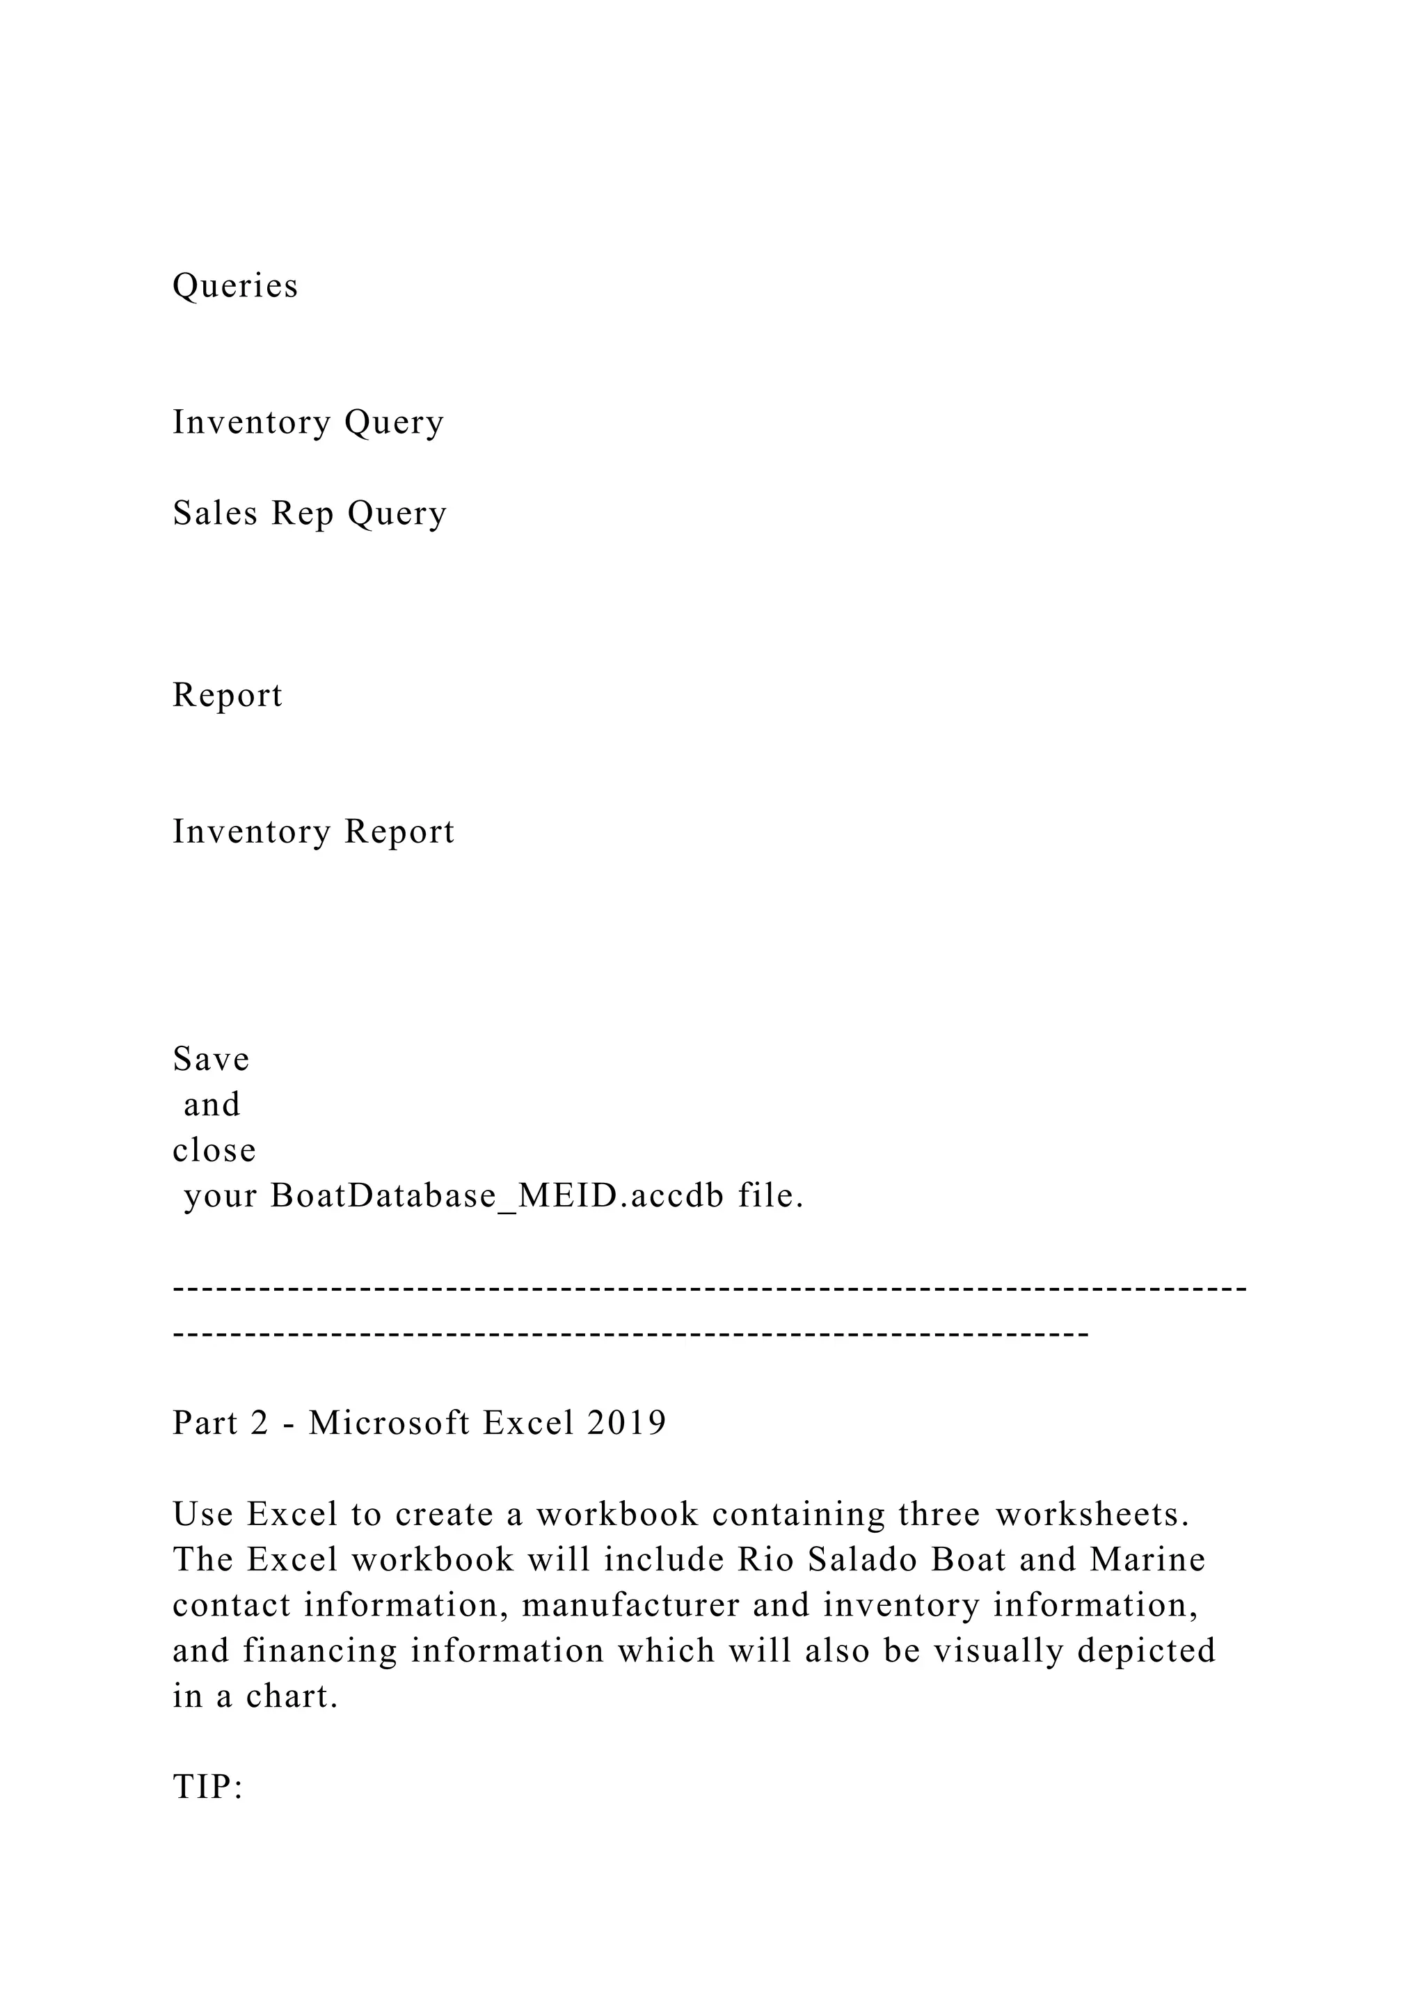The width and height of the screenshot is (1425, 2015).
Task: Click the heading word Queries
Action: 235,286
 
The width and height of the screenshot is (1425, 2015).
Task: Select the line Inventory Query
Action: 308,422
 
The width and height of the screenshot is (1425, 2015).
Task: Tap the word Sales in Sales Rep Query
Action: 215,513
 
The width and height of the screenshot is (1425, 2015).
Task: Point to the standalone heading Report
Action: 228,695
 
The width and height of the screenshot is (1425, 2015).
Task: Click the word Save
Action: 211,1058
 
